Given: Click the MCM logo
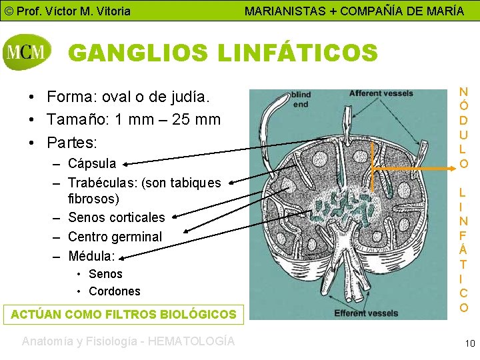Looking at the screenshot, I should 27,52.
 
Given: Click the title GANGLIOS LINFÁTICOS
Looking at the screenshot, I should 223,53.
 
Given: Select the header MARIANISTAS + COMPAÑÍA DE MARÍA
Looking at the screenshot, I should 354,11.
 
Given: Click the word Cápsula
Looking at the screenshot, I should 92,163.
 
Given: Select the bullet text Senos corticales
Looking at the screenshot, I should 117,217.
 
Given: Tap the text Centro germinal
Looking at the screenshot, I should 115,237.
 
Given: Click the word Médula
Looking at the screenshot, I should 91,255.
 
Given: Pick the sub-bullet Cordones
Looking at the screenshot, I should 115,291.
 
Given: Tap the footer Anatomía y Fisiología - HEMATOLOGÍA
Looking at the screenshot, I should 128,341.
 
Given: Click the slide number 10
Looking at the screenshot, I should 470,343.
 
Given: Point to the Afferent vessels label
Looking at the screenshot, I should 381,94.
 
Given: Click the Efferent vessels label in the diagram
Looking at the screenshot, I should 366,312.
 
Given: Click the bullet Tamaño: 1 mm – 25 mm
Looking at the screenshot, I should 133,120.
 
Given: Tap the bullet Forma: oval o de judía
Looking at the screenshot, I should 128,98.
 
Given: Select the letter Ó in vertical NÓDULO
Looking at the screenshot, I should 463,105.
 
